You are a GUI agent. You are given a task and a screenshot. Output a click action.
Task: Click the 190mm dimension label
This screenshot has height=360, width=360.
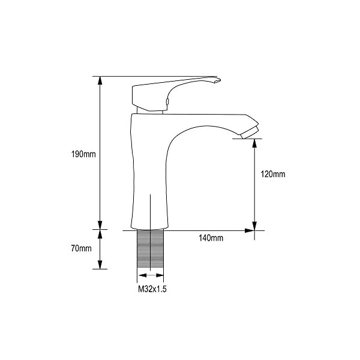(x=83, y=154)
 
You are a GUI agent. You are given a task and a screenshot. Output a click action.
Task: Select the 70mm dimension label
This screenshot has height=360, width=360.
(x=81, y=248)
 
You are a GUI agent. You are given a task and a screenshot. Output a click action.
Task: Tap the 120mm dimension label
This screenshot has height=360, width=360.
(x=273, y=174)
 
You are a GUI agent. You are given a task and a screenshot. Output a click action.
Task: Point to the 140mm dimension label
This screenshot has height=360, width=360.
(x=211, y=238)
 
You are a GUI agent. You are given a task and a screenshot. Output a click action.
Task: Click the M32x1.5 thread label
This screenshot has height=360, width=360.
(x=152, y=289)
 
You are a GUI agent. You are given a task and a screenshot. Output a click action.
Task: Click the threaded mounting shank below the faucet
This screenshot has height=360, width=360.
(x=150, y=248)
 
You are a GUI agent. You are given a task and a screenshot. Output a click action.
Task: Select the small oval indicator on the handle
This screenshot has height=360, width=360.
(x=167, y=101)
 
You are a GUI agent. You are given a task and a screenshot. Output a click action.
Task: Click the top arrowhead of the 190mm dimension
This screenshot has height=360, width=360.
(x=100, y=80)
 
